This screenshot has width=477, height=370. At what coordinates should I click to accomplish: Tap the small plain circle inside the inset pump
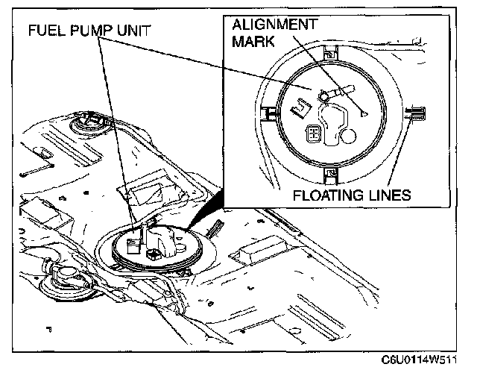tap(349, 137)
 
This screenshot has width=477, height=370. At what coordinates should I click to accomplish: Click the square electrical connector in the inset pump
tap(315, 134)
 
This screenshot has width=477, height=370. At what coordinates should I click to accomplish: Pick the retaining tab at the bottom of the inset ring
tap(330, 176)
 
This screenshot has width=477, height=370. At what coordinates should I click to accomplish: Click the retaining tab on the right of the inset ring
tap(415, 113)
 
